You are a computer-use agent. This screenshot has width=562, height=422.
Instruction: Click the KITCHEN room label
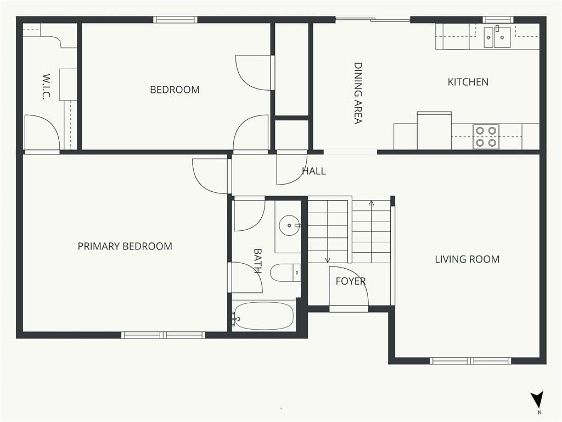(x=468, y=82)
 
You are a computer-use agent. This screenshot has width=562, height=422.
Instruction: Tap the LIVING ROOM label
(x=467, y=259)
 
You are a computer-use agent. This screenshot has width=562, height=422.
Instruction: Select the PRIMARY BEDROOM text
(x=125, y=246)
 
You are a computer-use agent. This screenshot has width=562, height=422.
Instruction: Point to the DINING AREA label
(x=358, y=93)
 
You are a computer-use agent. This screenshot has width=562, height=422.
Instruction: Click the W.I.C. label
(x=46, y=86)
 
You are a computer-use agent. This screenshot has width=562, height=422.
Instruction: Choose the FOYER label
(x=351, y=281)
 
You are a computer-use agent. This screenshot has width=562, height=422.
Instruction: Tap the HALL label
(x=314, y=171)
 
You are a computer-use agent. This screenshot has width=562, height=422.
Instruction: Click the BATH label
(x=258, y=261)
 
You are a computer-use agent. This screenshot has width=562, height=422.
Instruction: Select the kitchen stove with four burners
(x=486, y=136)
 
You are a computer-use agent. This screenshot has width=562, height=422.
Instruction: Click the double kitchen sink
(x=497, y=37)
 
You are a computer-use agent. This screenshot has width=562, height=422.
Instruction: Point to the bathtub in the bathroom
(x=263, y=316)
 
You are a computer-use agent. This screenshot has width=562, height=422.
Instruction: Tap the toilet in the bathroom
(x=285, y=273)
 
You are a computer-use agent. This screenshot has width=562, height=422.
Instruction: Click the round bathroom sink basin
(x=289, y=225)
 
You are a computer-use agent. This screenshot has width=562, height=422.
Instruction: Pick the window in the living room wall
(x=470, y=360)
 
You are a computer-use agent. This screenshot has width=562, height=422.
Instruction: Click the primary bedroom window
(x=164, y=335)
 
